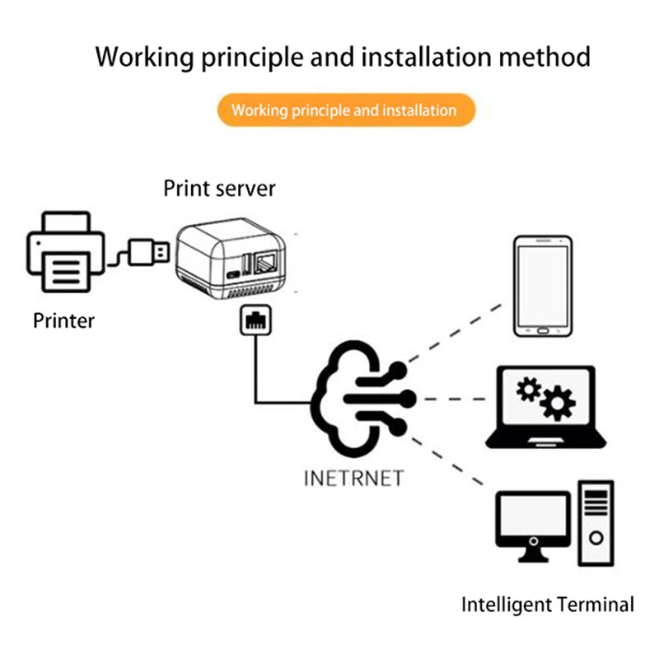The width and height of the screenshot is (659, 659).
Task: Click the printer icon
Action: coord(66,254)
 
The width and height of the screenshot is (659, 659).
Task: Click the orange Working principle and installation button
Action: coord(345,110)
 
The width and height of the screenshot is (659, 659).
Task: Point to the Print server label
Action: coord(219,188)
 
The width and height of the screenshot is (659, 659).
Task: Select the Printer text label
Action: coord(63,320)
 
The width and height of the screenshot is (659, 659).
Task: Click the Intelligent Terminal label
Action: coord(547,604)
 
